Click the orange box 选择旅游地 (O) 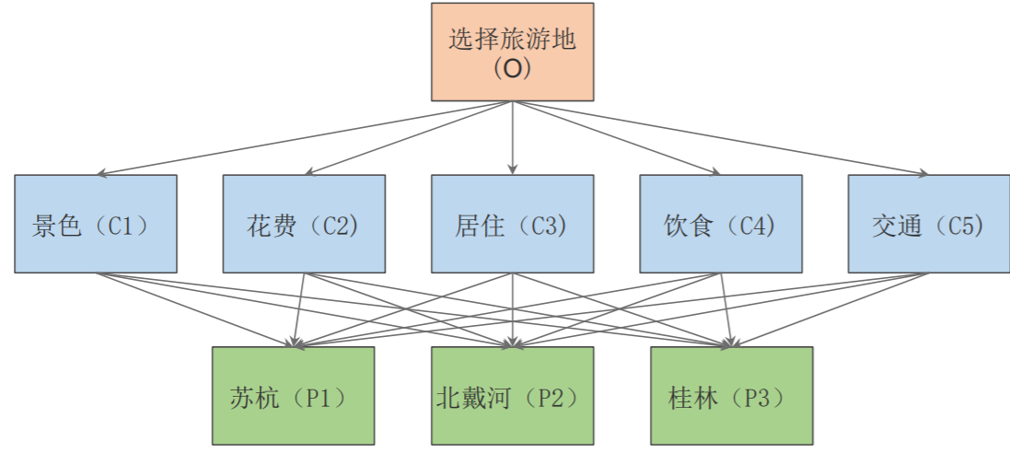point(512,52)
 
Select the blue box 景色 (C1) point(96,224)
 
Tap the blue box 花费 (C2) point(304,224)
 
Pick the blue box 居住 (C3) point(512,224)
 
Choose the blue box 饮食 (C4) point(720,224)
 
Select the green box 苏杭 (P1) point(293,395)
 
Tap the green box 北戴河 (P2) point(512,395)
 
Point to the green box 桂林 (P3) point(731,395)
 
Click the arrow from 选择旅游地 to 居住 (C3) point(512,138)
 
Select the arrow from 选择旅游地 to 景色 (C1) point(304,138)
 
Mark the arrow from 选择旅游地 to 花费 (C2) point(408,138)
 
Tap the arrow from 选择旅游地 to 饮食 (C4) point(616,138)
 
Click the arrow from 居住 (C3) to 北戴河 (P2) point(512,309)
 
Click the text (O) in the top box point(512,68)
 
